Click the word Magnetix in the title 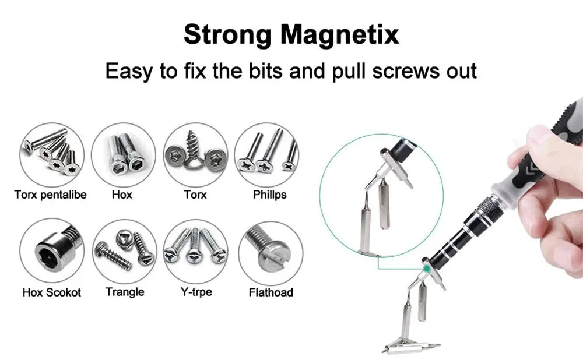tap(340, 34)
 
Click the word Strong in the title tap(227, 34)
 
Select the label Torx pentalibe tap(50, 195)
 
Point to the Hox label tap(122, 195)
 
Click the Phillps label tap(269, 195)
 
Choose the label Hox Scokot tap(51, 292)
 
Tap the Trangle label tap(125, 291)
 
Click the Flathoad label tap(271, 292)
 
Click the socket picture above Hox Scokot tap(51, 251)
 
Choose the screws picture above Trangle tap(124, 251)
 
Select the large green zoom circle tap(382, 196)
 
